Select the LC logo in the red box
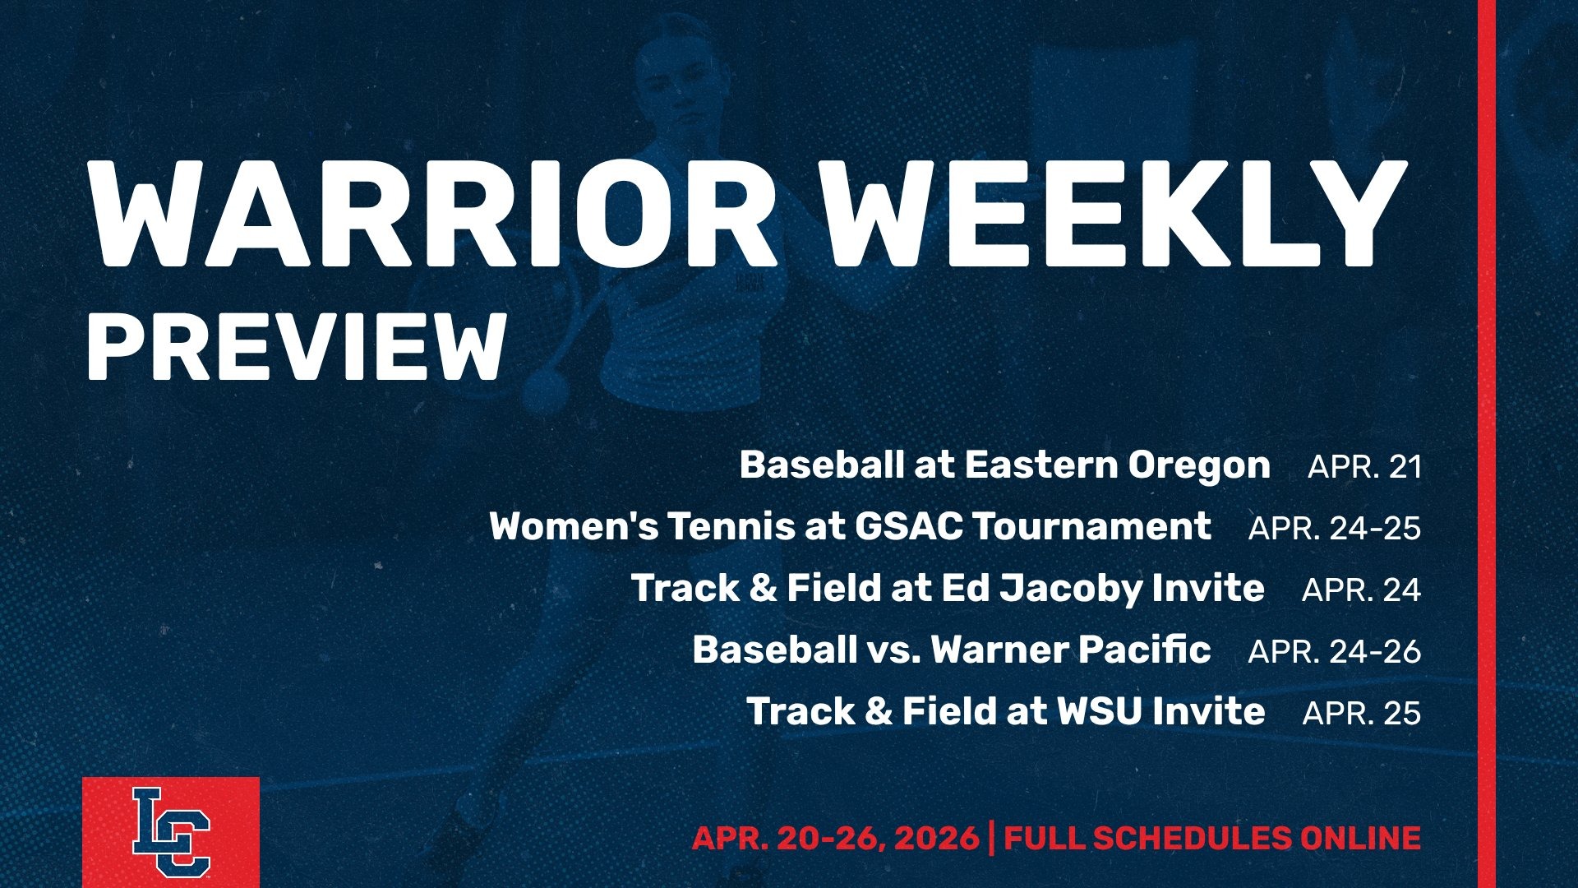tap(171, 832)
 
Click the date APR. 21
tap(1364, 466)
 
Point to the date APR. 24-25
tap(1334, 528)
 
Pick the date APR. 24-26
tap(1334, 651)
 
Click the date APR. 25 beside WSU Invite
tap(1361, 713)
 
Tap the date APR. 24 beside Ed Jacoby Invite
tap(1361, 590)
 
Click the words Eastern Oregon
tap(1117, 465)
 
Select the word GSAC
tap(908, 527)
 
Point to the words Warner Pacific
tap(1070, 650)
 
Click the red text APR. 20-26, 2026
tap(835, 839)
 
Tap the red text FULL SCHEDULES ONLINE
tap(1212, 839)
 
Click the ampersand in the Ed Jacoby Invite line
tap(763, 589)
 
